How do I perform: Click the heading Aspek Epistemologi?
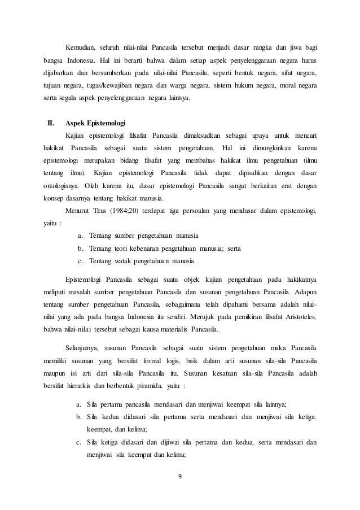pos(95,123)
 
